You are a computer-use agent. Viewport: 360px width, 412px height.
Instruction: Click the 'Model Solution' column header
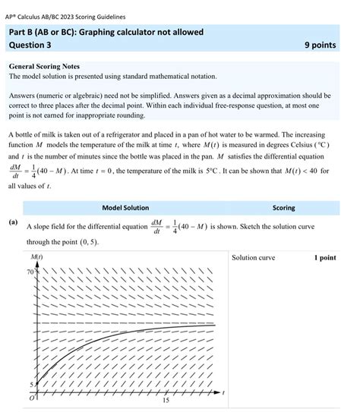(x=125, y=208)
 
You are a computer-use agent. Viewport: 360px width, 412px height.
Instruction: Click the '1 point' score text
(x=324, y=258)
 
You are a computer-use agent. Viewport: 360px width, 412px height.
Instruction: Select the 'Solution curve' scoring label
(x=254, y=258)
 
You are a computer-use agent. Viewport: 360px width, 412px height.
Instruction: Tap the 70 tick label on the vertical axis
(x=31, y=272)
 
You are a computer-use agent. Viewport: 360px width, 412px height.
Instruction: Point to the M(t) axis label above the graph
(x=35, y=258)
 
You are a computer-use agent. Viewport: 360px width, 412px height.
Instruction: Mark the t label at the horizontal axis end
(x=224, y=392)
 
